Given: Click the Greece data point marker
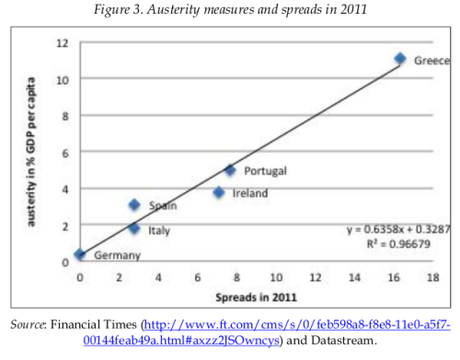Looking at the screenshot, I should pos(400,59).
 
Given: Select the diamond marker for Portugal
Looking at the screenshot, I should pos(229,170).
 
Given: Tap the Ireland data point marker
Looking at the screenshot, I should pos(219,192).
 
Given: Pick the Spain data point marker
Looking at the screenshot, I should pos(134,205).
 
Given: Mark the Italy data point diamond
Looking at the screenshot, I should pos(134,228).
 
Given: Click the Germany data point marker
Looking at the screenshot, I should pos(79,255).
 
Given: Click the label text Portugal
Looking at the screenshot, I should pos(265,171).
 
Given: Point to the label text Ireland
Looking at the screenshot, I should pos(250,193).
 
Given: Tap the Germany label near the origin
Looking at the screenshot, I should pos(116,256).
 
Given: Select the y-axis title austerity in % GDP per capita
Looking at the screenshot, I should pos(32,151).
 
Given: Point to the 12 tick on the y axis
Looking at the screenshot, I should pos(61,43).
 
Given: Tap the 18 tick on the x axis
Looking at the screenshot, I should pos(432,276).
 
